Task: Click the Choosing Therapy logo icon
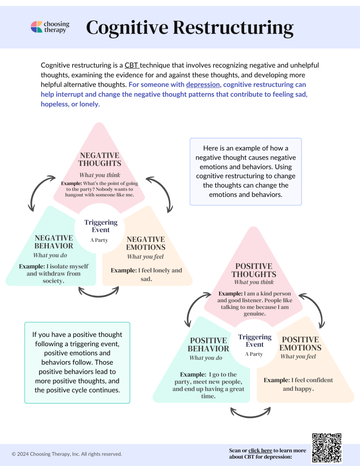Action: (36, 27)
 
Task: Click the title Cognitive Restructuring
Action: (190, 28)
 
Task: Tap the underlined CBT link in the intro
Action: (131, 65)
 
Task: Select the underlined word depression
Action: (203, 85)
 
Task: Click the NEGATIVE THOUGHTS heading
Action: (100, 159)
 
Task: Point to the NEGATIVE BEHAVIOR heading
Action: (54, 242)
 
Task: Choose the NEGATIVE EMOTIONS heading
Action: (146, 243)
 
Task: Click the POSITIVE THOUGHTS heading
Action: (254, 270)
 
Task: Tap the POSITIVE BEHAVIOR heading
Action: (208, 344)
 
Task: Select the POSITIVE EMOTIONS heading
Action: (300, 344)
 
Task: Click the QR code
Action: (327, 448)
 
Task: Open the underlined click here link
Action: (260, 450)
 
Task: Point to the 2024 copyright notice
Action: (67, 454)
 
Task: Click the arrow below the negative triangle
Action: (98, 292)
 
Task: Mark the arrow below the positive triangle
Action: (250, 413)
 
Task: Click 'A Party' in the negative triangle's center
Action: (99, 240)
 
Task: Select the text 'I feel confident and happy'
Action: (298, 384)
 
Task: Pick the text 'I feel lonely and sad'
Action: (146, 275)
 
